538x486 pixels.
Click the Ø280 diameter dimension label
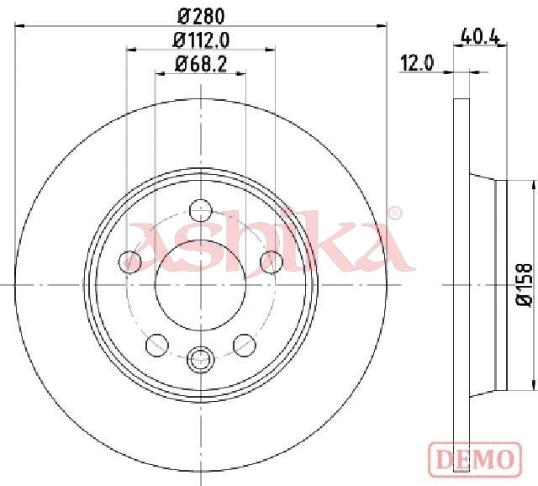[x=201, y=16]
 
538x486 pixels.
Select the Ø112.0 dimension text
[x=201, y=40]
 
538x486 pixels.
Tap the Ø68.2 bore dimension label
[x=201, y=64]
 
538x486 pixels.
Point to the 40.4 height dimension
[x=480, y=35]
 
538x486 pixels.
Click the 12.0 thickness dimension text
[x=417, y=64]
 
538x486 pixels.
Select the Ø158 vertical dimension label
[x=525, y=284]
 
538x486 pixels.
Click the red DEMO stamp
[x=475, y=459]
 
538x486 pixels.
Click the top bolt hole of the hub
[x=201, y=210]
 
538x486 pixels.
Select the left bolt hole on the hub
[x=129, y=261]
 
